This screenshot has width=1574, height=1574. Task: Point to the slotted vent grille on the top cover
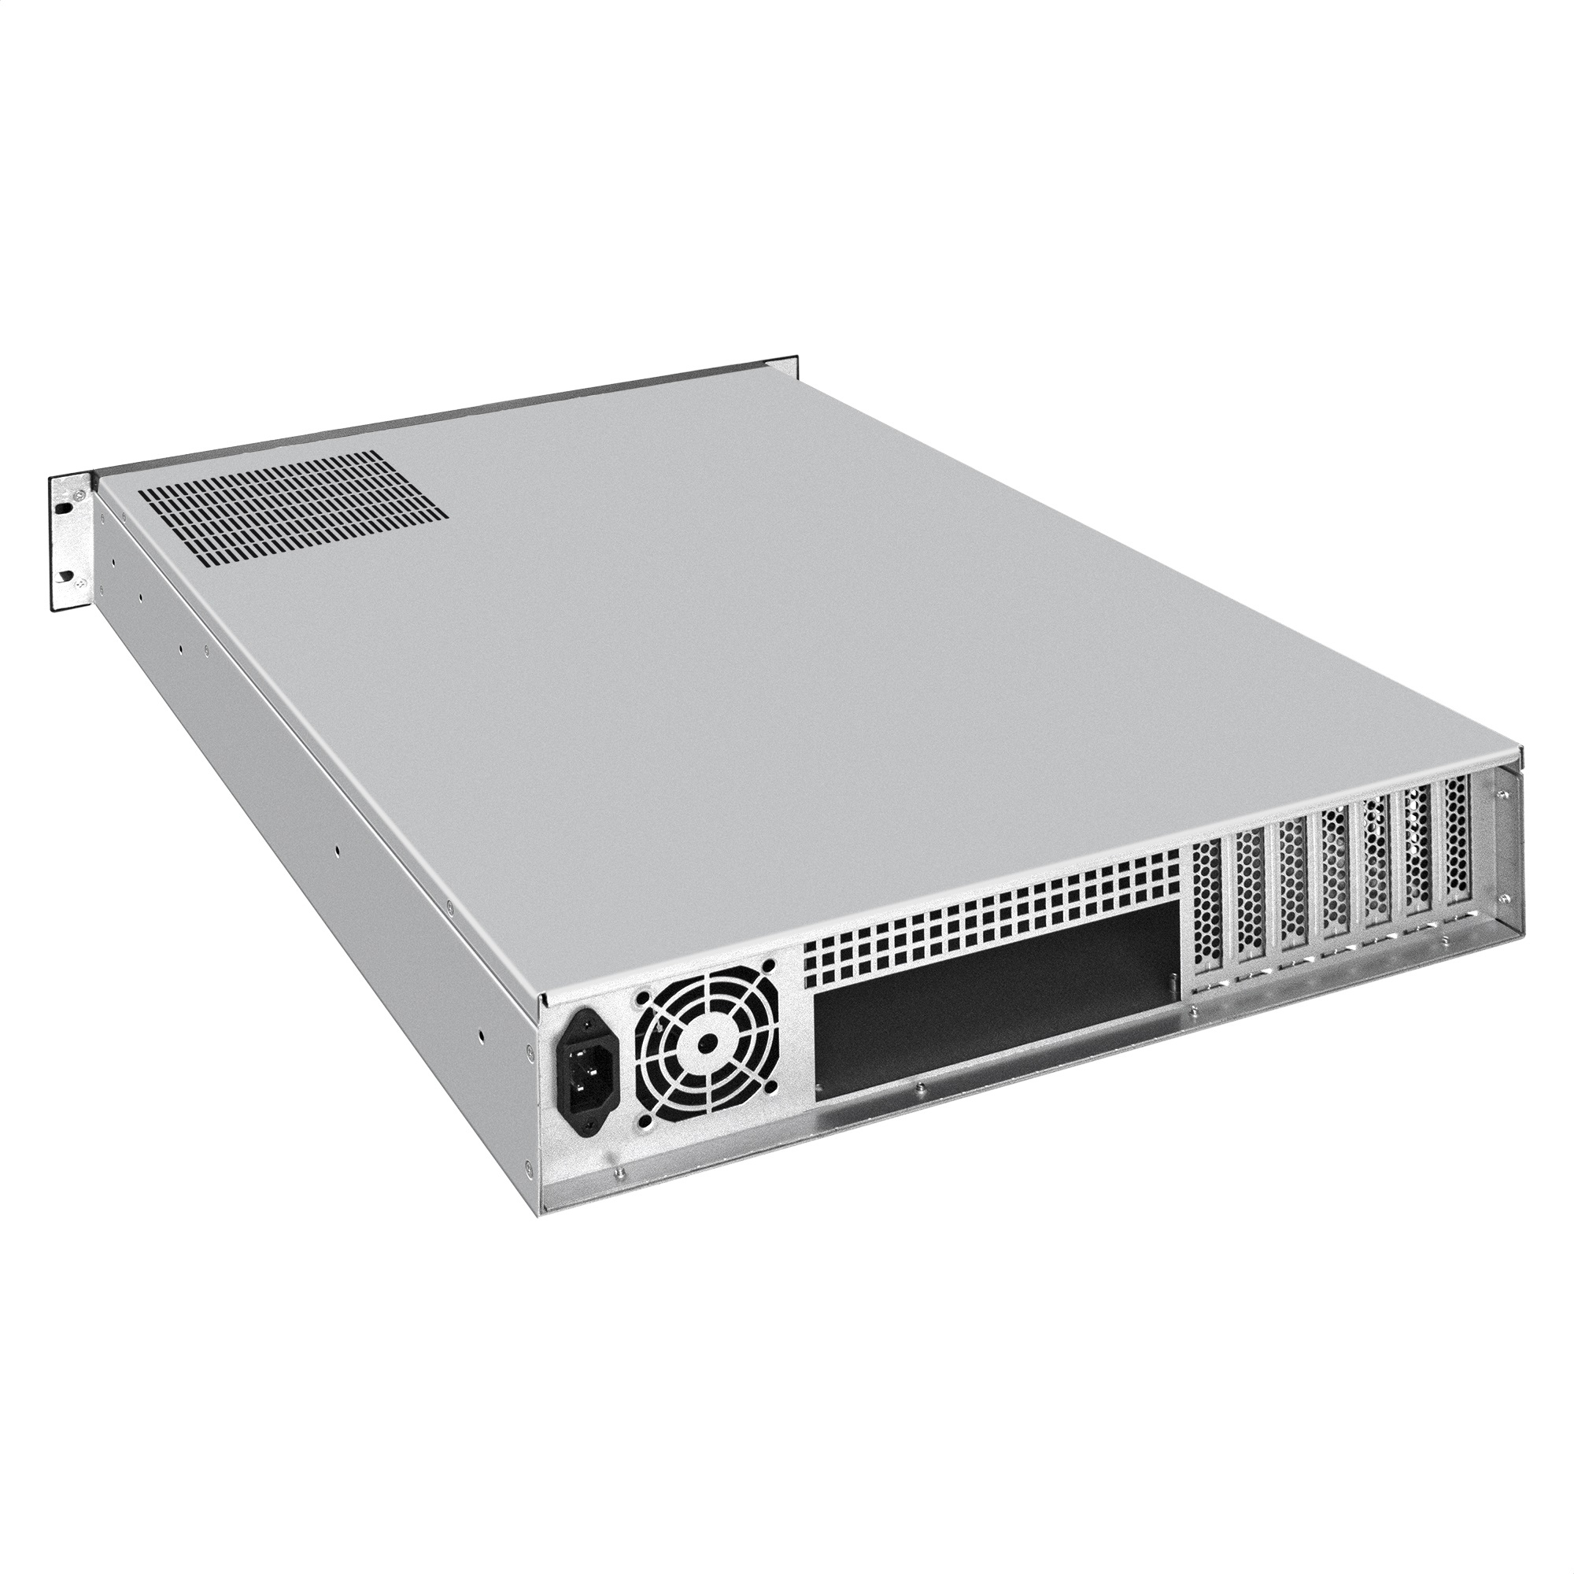(292, 509)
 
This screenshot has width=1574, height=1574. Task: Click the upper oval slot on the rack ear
(62, 505)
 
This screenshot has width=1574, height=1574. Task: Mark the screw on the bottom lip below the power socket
(618, 1173)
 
